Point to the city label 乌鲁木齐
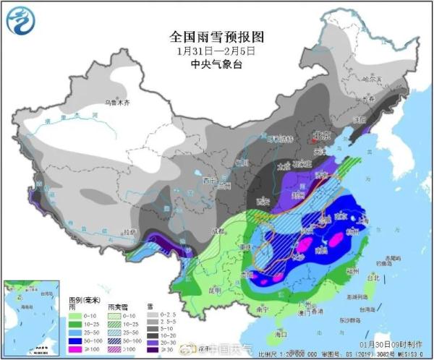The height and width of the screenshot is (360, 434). [116, 103]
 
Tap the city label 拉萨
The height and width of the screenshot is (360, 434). [129, 232]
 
